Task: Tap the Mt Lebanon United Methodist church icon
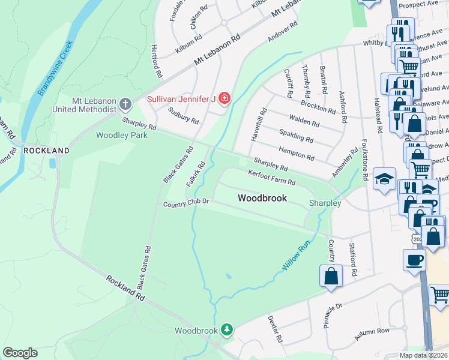[126, 104]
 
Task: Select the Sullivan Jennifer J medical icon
[224, 97]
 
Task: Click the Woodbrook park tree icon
[227, 329]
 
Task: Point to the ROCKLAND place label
[47, 150]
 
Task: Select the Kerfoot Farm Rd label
[272, 178]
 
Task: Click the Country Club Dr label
[186, 204]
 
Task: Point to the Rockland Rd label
[126, 288]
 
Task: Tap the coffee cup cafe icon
[415, 260]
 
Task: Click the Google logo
[20, 353]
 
